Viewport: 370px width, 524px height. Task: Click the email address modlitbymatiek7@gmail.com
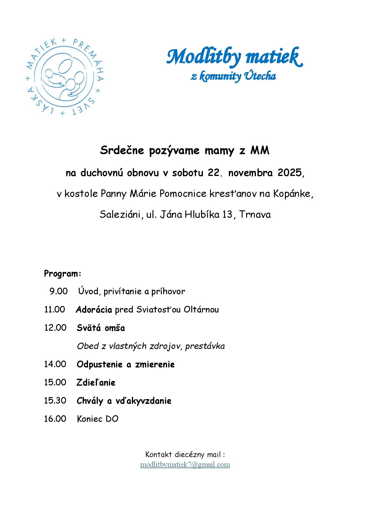[185, 465]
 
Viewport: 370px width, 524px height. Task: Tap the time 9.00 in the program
[58, 291]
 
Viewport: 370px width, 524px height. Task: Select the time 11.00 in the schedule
[55, 310]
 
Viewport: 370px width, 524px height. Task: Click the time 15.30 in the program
[55, 400]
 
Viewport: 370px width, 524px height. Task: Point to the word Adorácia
[94, 310]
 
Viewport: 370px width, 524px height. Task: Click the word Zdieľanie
[96, 382]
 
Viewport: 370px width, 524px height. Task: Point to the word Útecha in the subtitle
[260, 76]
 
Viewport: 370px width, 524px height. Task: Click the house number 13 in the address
[227, 214]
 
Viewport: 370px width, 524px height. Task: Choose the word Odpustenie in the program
[100, 364]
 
